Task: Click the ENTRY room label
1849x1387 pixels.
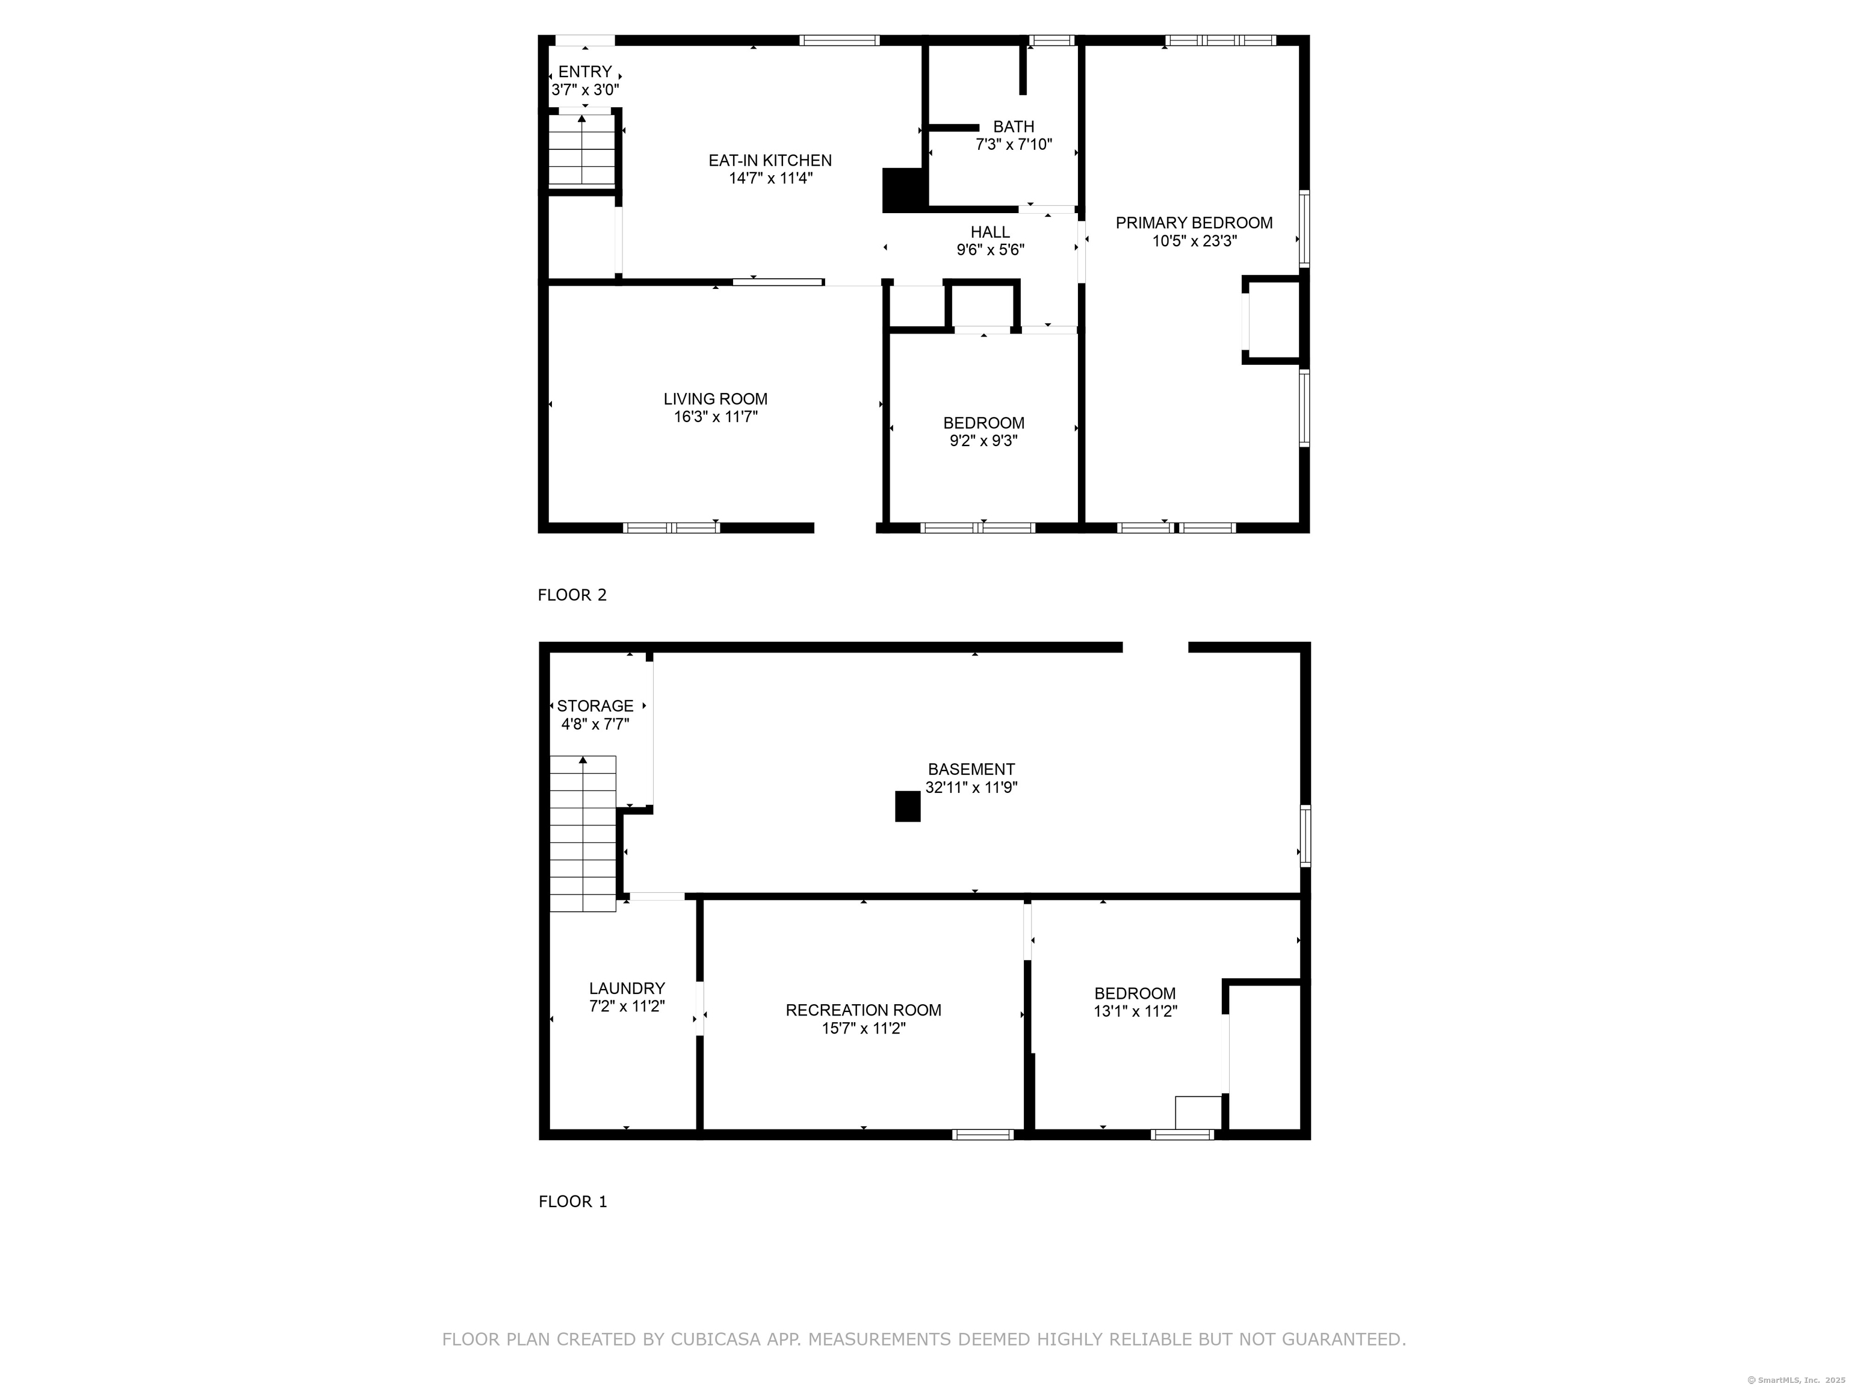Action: point(585,72)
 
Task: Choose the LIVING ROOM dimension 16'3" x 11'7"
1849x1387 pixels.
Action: point(716,417)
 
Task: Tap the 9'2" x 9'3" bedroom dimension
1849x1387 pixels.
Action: point(984,441)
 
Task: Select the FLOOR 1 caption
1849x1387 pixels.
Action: point(572,1202)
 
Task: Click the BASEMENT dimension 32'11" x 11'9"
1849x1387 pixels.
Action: point(971,787)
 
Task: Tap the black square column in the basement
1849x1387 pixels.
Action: point(908,807)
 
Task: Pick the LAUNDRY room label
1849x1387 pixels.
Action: point(627,989)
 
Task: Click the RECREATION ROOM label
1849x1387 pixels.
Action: point(864,1011)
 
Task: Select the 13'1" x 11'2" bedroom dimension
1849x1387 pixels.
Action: point(1135,1011)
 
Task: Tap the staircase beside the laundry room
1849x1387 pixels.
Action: point(583,834)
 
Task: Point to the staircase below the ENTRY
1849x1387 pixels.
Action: point(582,150)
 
